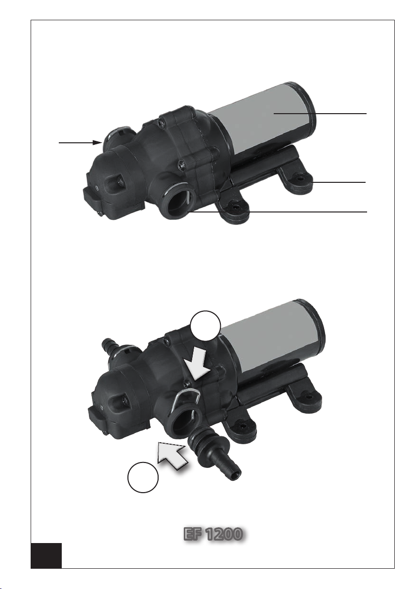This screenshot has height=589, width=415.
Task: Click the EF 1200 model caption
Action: coord(212,534)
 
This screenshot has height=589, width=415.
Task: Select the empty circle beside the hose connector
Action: coord(143,477)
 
